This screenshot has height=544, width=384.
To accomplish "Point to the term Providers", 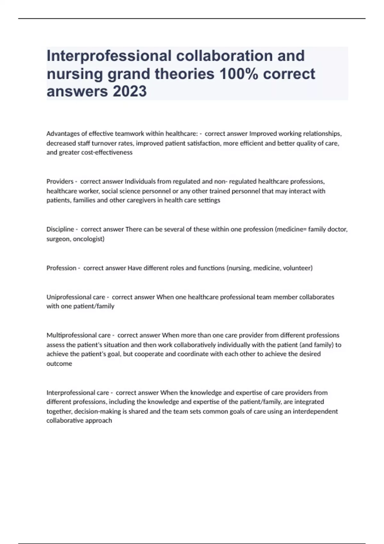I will (x=60, y=181).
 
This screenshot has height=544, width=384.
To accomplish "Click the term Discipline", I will (x=60, y=229).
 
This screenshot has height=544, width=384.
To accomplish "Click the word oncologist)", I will (x=89, y=239).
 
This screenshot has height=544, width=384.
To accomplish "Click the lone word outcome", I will (x=59, y=364).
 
